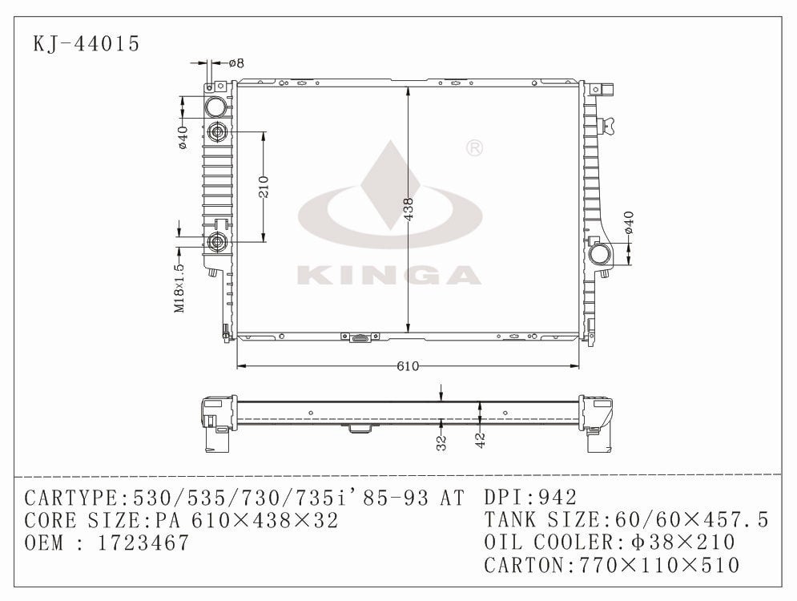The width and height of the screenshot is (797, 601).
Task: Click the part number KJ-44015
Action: click(86, 43)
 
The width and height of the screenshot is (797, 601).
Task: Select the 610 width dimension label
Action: click(408, 367)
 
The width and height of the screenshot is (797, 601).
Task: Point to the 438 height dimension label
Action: click(409, 209)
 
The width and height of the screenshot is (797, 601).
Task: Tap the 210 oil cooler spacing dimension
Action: click(264, 187)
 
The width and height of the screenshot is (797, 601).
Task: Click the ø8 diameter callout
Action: click(235, 63)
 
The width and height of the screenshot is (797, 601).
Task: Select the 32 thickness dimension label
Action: click(441, 443)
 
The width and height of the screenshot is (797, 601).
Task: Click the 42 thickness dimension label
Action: click(480, 439)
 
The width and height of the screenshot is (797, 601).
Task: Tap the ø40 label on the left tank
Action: click(183, 137)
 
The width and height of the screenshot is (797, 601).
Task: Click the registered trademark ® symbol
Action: click(473, 148)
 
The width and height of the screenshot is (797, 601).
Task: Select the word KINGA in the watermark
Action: click(389, 275)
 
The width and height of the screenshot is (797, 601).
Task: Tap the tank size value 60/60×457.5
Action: click(690, 520)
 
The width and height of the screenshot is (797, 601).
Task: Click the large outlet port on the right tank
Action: click(600, 255)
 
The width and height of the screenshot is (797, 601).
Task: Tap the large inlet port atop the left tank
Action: click(216, 107)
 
